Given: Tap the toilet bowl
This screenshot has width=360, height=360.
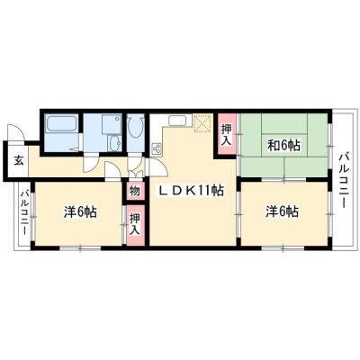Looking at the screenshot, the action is [135, 127].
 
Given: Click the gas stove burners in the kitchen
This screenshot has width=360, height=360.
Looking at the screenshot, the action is [157, 148].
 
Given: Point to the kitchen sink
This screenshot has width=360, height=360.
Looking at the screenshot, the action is [178, 121].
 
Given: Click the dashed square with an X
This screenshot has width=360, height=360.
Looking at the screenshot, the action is [203, 123].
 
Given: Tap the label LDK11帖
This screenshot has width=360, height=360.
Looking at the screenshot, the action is [191, 190].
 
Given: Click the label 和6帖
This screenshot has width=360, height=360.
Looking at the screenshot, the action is [283, 146].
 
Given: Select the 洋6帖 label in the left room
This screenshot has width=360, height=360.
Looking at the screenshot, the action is [79, 211].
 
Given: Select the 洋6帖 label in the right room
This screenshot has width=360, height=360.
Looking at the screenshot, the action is [282, 211].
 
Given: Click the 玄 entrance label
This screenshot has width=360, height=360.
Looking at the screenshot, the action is [19, 161].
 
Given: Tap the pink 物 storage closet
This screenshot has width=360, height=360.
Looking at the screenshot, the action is [135, 191].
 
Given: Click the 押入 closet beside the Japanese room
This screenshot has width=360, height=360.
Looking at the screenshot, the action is [227, 134].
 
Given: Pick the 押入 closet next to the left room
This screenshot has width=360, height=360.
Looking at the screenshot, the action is [135, 224].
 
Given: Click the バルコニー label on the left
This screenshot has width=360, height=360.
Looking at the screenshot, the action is [24, 212].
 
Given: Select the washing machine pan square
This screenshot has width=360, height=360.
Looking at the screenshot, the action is [112, 124].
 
